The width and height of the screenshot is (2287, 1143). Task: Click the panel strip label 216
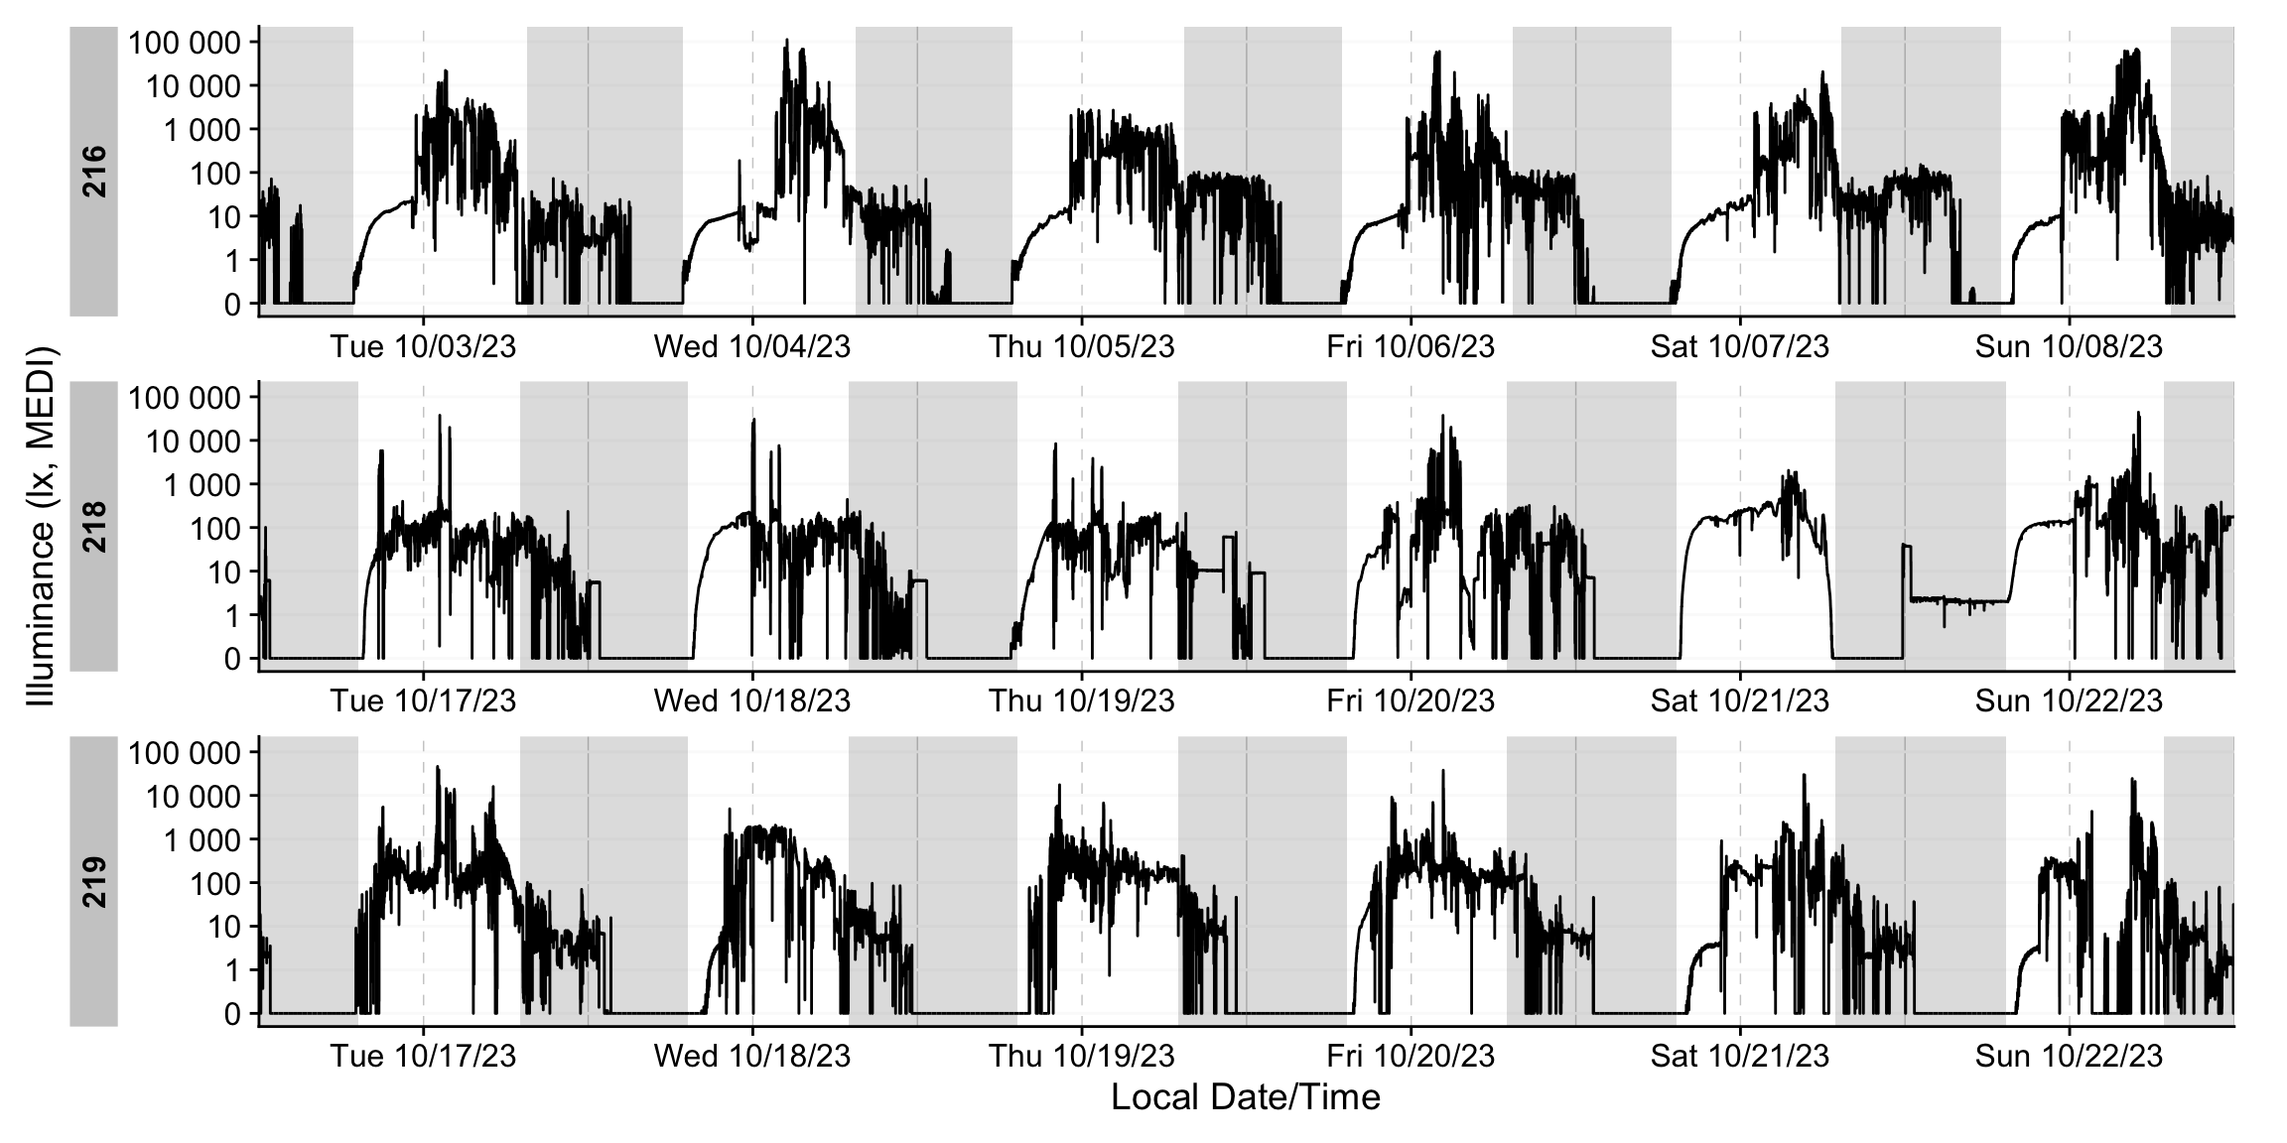pyautogui.click(x=94, y=171)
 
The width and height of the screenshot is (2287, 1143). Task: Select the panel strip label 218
pyautogui.click(x=94, y=526)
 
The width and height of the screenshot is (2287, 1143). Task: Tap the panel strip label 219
pyautogui.click(x=94, y=881)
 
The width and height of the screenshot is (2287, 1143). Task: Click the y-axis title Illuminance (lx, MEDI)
pyautogui.click(x=42, y=526)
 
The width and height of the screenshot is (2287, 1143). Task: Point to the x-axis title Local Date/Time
pyautogui.click(x=1245, y=1097)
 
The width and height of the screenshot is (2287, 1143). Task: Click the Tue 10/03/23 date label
pyautogui.click(x=423, y=346)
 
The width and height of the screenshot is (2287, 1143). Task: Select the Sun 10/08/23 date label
pyautogui.click(x=2069, y=346)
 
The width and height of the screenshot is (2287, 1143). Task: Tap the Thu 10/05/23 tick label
pyautogui.click(x=1081, y=346)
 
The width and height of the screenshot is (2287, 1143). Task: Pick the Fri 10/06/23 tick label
pyautogui.click(x=1411, y=346)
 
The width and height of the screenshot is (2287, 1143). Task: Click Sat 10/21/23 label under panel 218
pyautogui.click(x=1739, y=700)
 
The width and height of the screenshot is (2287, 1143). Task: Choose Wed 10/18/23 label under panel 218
pyautogui.click(x=751, y=700)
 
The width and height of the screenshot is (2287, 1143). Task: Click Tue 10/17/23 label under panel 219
pyautogui.click(x=423, y=1056)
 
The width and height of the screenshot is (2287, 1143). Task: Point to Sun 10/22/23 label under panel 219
pyautogui.click(x=2069, y=1056)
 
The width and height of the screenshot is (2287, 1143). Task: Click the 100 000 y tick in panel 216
pyautogui.click(x=185, y=43)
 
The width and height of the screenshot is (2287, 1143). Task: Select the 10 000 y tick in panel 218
pyautogui.click(x=194, y=441)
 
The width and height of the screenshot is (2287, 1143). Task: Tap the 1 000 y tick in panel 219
pyautogui.click(x=200, y=839)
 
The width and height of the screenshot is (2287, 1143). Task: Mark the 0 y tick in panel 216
pyautogui.click(x=232, y=304)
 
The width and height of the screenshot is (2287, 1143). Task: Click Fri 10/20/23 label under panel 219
pyautogui.click(x=1411, y=1056)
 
